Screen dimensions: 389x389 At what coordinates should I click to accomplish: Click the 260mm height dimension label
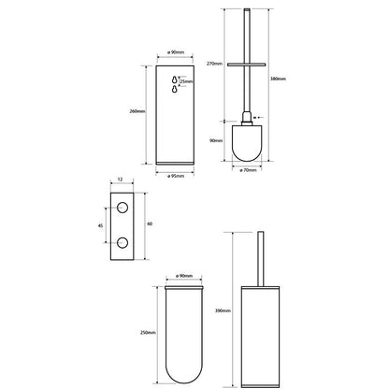click(137, 111)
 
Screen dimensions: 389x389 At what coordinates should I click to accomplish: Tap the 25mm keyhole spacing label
click(186, 81)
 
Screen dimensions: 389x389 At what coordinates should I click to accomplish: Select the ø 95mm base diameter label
click(176, 176)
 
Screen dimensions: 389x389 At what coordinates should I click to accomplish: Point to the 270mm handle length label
click(214, 64)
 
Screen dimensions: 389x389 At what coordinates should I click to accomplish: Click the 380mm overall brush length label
click(278, 79)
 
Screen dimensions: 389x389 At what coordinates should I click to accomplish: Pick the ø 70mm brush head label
click(248, 170)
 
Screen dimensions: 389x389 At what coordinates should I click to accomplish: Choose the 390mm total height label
click(223, 310)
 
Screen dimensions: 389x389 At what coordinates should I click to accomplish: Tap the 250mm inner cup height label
click(148, 333)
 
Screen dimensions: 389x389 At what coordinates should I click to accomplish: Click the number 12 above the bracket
click(121, 180)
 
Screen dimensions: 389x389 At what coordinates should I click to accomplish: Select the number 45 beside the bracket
click(100, 225)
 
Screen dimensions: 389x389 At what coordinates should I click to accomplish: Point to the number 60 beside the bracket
click(150, 223)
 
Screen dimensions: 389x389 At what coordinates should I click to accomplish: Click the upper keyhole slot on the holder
click(175, 79)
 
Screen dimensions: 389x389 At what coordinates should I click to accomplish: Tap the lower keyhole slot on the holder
click(175, 89)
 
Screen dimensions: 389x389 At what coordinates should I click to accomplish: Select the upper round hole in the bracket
click(122, 208)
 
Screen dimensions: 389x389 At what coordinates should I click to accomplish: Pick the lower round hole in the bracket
click(122, 242)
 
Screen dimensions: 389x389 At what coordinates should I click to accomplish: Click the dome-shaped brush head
click(247, 143)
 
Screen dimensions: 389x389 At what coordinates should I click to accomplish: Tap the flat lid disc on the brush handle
click(246, 65)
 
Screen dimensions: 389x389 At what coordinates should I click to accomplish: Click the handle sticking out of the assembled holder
click(260, 259)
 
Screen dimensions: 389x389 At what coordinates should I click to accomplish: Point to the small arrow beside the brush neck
click(258, 118)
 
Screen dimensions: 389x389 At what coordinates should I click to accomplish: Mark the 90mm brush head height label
click(216, 141)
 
